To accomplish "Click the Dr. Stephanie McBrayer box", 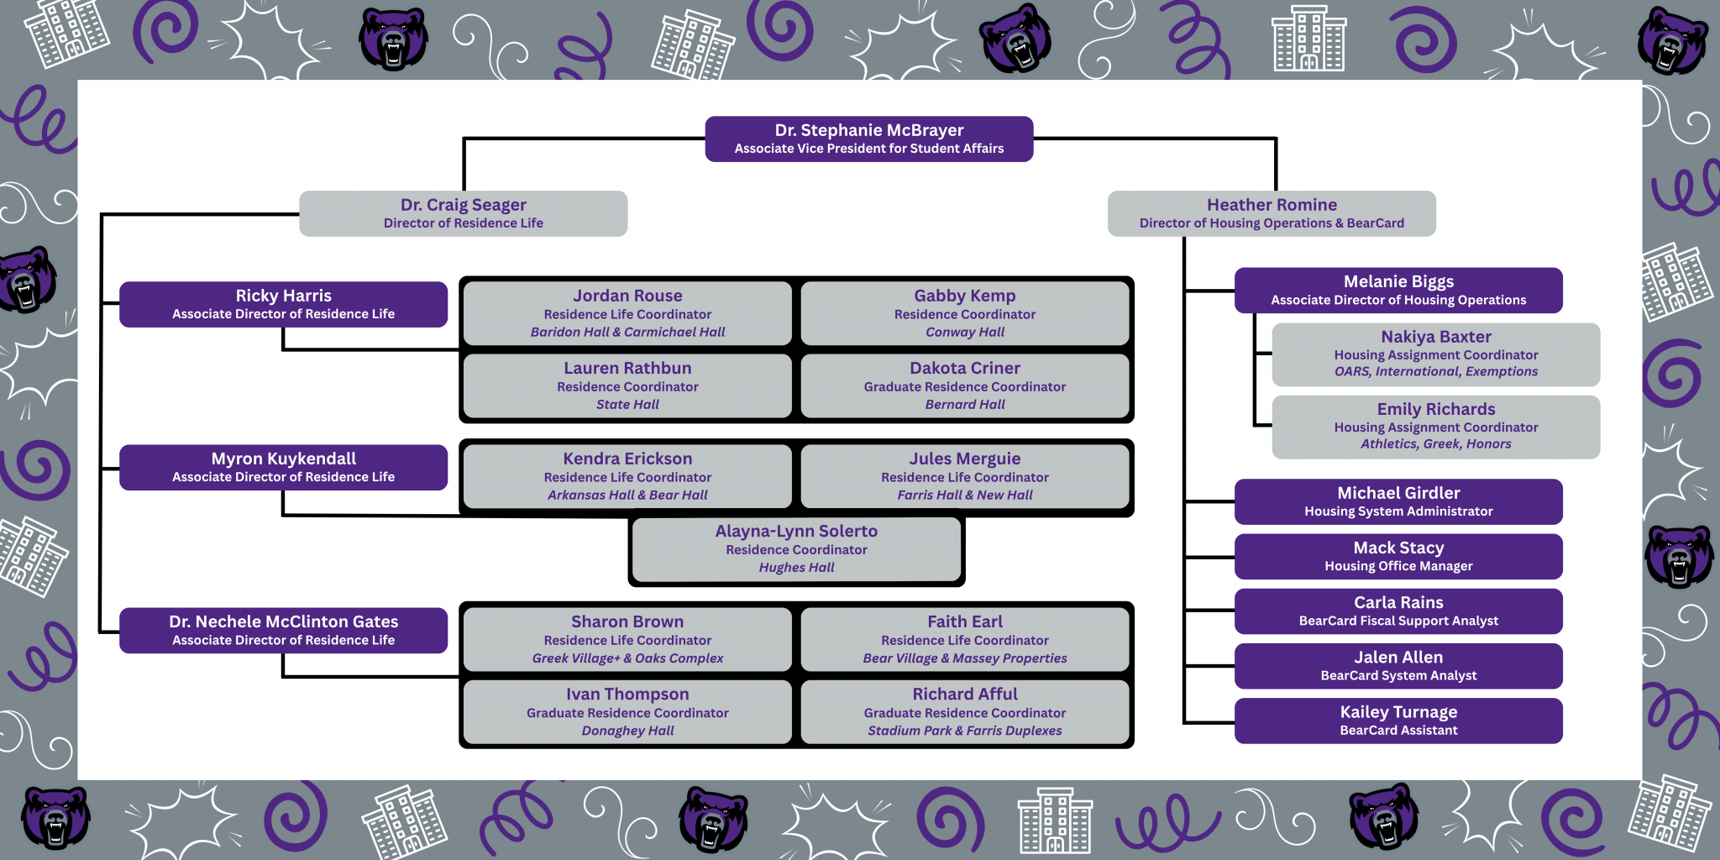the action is coord(869,139).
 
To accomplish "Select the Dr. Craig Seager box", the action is coord(464,213).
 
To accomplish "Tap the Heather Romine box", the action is coord(1272,213).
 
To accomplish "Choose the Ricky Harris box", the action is coord(284,304).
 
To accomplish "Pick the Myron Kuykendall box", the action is coord(284,467).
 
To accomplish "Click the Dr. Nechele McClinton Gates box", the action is coord(284,630).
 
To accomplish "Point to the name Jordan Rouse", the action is coord(627,296).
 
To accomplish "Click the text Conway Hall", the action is coord(965,332).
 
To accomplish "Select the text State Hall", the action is coord(627,404).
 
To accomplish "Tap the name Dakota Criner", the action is coord(965,368).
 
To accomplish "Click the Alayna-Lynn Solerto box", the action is coord(796,549).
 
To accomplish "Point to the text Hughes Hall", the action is coord(796,567).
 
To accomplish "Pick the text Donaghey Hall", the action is coord(627,731).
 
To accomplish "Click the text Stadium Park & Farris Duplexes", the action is coord(965,731).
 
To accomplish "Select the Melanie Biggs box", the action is coord(1398,291).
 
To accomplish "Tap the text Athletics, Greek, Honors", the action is coord(1436,443).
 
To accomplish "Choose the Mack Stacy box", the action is coord(1398,557).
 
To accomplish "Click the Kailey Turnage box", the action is coord(1398,721).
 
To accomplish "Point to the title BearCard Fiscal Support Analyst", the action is coord(1398,621).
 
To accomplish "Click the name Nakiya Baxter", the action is coord(1436,337).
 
